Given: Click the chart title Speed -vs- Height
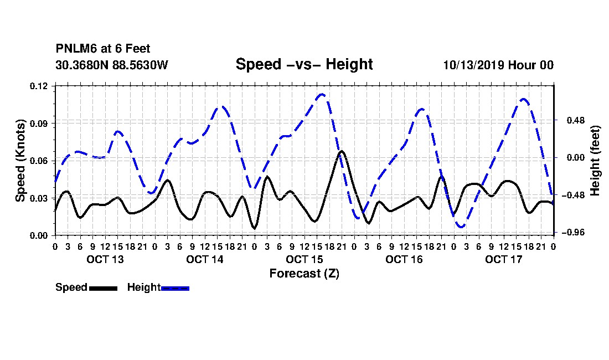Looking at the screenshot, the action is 304,64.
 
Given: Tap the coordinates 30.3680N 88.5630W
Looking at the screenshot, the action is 112,65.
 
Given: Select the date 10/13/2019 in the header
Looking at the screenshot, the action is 473,65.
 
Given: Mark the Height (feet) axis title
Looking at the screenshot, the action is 595,161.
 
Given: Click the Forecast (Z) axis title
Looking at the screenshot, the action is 304,274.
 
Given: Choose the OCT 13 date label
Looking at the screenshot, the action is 105,259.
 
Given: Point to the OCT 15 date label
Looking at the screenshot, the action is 304,259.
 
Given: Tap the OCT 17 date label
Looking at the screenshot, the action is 504,259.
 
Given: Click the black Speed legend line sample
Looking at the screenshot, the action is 104,288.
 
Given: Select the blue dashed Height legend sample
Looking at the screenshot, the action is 175,288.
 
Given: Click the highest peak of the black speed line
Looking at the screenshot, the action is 342,151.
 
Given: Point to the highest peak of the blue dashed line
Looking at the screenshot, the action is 322,94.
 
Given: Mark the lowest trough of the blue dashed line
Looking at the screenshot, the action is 461,226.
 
